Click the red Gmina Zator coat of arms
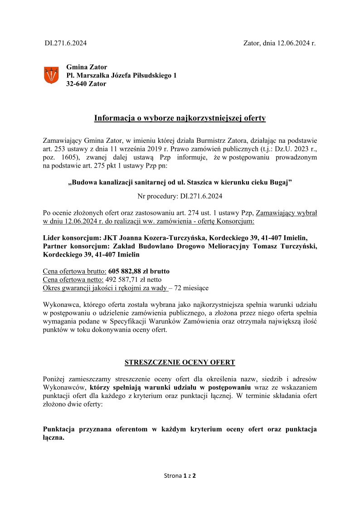tap(51, 75)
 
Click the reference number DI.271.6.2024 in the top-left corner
tap(65, 44)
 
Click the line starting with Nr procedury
tap(180, 197)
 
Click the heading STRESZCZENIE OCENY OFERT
tap(180, 363)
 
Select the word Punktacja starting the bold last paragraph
tap(60, 429)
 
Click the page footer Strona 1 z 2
tap(180, 476)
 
